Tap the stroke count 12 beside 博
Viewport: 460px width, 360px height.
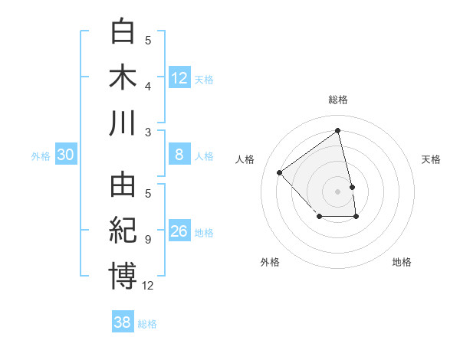148,286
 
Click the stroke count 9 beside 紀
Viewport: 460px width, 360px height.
147,240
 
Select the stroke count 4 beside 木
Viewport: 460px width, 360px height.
147,86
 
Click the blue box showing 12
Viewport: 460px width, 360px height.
179,78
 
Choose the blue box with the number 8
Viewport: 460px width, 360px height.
179,155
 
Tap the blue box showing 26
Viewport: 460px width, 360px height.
179,231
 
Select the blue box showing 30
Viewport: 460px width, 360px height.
66,155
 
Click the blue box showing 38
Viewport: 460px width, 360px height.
123,322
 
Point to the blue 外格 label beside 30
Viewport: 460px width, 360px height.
41,156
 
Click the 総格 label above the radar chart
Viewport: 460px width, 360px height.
337,100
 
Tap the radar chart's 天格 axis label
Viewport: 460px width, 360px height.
431,159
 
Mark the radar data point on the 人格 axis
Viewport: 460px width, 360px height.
280,172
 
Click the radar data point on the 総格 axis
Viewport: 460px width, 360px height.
337,130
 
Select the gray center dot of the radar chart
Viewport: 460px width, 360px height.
337,191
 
